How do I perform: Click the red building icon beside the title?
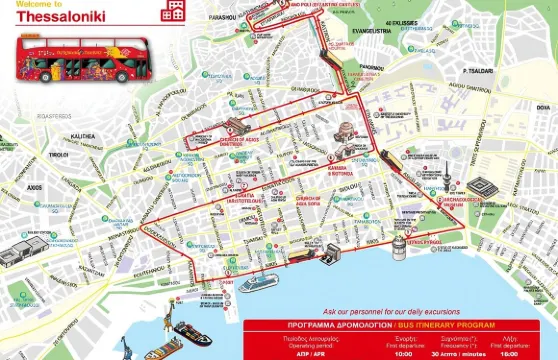tap(175, 11)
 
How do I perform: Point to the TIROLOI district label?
tap(59, 154)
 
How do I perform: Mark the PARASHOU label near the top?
tap(236, 16)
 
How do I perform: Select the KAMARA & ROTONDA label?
tap(343, 171)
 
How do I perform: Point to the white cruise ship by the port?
tap(258, 282)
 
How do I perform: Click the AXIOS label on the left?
tap(35, 186)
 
